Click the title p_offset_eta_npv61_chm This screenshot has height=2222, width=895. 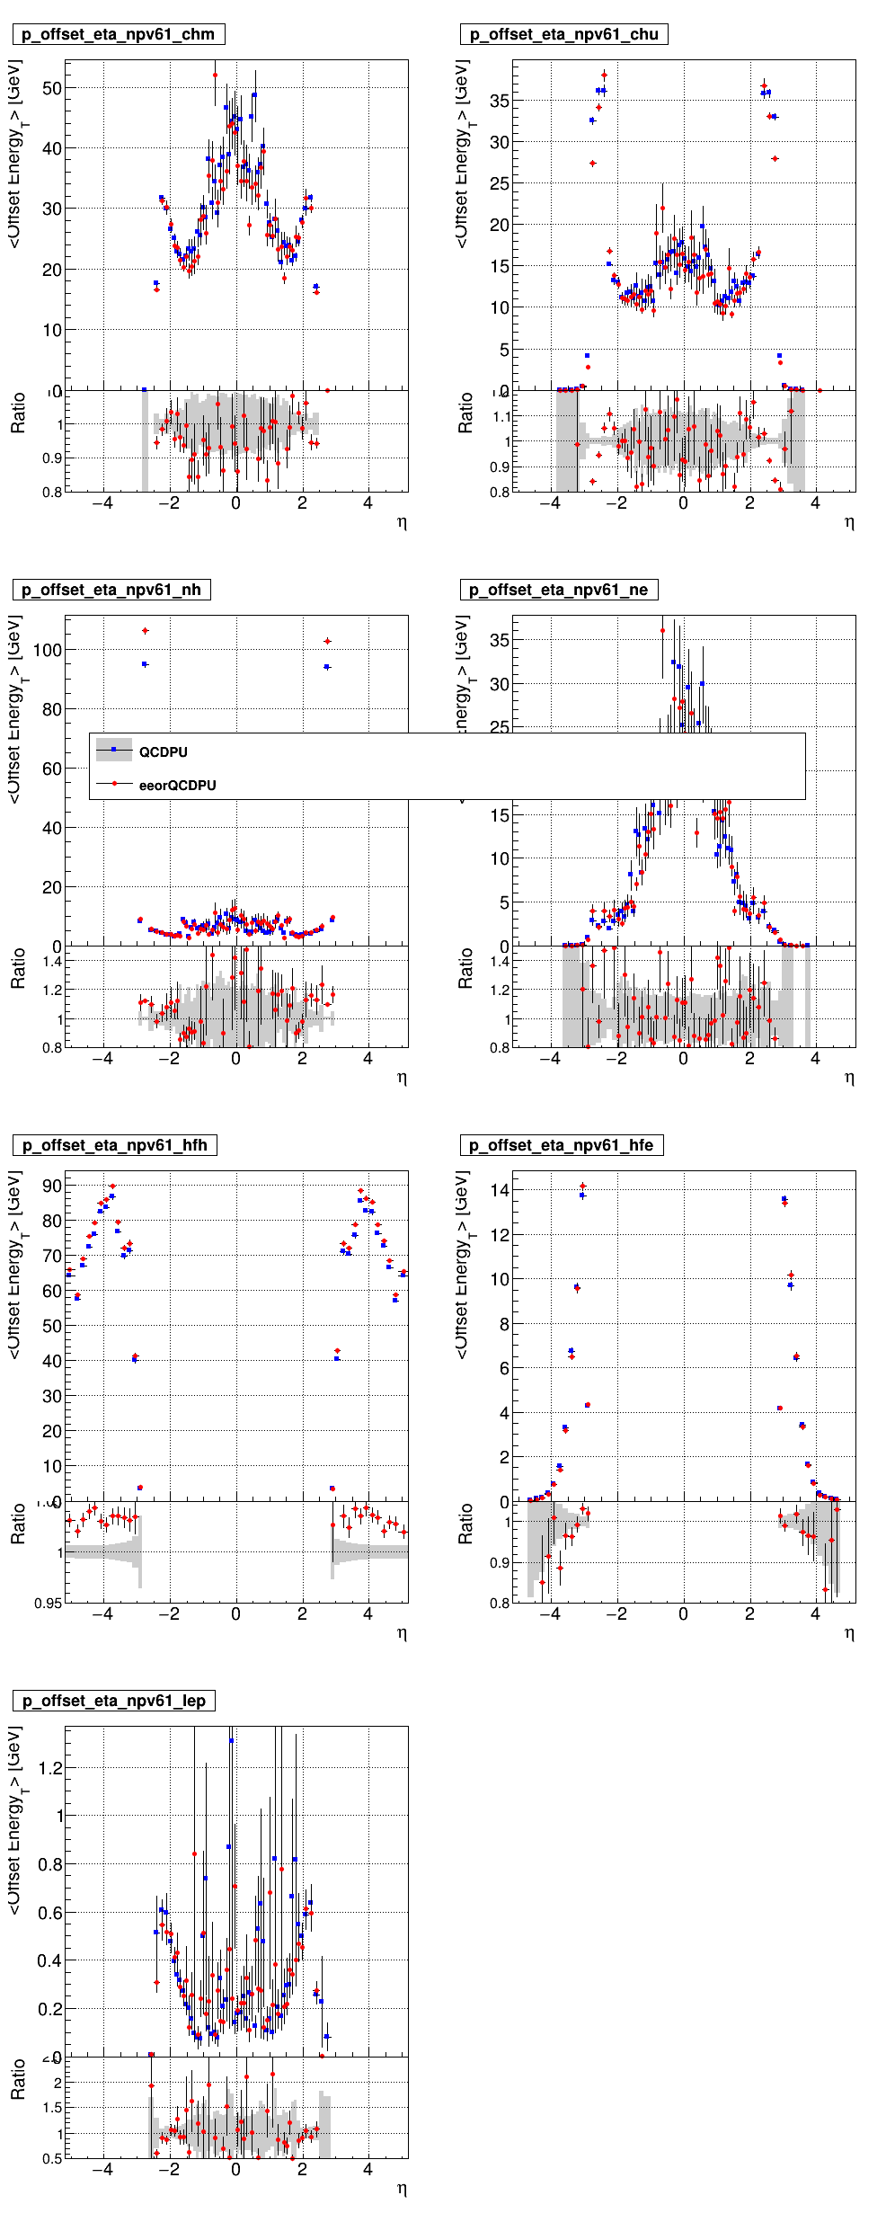pyautogui.click(x=118, y=35)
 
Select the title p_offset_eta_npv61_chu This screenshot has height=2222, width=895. pyautogui.click(x=564, y=35)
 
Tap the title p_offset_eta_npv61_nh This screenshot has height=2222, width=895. pyautogui.click(x=111, y=591)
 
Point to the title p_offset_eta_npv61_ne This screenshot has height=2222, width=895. pyautogui.click(x=559, y=591)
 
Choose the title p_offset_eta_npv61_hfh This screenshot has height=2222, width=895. pyautogui.click(x=114, y=1146)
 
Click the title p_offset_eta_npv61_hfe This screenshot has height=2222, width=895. pyautogui.click(x=562, y=1146)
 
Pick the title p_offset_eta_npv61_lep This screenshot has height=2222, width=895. pyautogui.click(x=114, y=1702)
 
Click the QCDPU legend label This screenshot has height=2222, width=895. pyautogui.click(x=164, y=752)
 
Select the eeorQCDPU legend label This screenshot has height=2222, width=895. pyautogui.click(x=178, y=786)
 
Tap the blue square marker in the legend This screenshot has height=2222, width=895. pyautogui.click(x=114, y=750)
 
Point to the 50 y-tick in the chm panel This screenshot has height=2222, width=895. pyautogui.click(x=52, y=89)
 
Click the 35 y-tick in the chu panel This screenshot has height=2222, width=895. pyautogui.click(x=500, y=102)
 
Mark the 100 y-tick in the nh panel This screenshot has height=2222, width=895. pyautogui.click(x=47, y=650)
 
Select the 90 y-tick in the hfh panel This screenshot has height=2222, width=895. pyautogui.click(x=52, y=1187)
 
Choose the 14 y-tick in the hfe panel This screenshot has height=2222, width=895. pyautogui.click(x=500, y=1190)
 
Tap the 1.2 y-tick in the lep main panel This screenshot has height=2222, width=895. pyautogui.click(x=50, y=1768)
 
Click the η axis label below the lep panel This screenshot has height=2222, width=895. pyautogui.click(x=402, y=2189)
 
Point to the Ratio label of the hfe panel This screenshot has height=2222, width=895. pyautogui.click(x=465, y=1524)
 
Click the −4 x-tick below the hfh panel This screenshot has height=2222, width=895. pyautogui.click(x=102, y=1614)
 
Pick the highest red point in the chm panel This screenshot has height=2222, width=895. pyautogui.click(x=215, y=76)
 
